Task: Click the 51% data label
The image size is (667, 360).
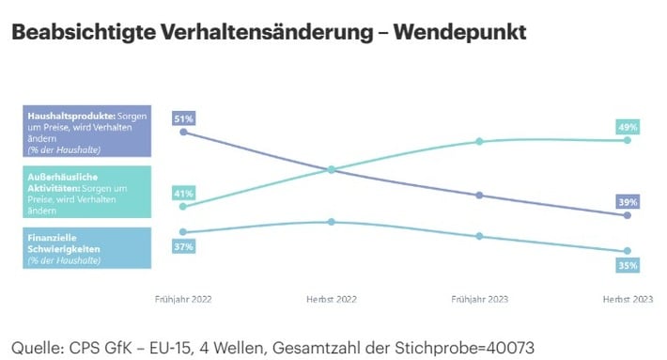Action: point(184,118)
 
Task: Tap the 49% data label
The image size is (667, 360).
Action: point(628,127)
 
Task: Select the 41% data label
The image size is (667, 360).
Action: point(184,194)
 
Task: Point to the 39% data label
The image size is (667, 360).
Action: point(628,202)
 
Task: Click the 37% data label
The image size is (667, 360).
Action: point(184,246)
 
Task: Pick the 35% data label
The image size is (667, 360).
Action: point(628,265)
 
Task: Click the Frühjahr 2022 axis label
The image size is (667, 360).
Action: point(183,299)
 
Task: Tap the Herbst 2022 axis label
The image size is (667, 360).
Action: point(332,299)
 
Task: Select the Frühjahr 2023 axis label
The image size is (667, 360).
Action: point(480,299)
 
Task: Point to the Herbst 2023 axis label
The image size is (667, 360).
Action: point(628,299)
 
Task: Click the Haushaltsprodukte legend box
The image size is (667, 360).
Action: point(87,131)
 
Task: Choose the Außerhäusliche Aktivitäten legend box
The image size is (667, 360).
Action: point(87,192)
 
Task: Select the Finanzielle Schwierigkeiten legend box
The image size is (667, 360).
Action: point(87,248)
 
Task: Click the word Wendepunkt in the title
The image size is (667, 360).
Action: point(460,32)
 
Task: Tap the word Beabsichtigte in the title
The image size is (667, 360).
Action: point(84,32)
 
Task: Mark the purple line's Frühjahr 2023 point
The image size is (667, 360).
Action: point(479,196)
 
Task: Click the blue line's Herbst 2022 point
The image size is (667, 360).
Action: point(332,222)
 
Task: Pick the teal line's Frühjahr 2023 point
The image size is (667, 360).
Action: point(479,141)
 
